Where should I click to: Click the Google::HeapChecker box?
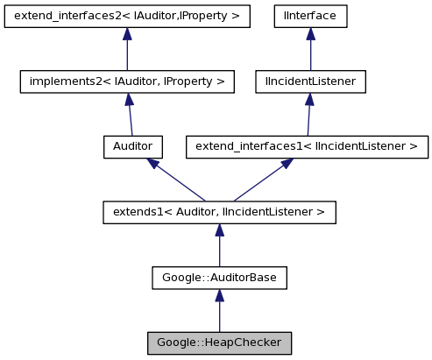(219, 342)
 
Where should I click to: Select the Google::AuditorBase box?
(219, 277)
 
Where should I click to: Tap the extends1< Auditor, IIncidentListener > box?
(219, 211)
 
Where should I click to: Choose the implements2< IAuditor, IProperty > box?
(127, 81)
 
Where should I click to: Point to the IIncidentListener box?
(309, 81)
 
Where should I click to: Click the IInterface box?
(309, 16)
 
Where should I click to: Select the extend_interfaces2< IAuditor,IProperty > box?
(127, 16)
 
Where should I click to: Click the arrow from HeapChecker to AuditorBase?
(219, 312)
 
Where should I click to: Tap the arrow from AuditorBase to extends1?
(219, 246)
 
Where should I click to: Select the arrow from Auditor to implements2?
(131, 116)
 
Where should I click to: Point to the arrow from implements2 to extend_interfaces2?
(127, 51)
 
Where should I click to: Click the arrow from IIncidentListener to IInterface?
(309, 51)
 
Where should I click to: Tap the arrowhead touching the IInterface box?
(309, 34)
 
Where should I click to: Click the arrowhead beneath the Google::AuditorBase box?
(219, 295)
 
